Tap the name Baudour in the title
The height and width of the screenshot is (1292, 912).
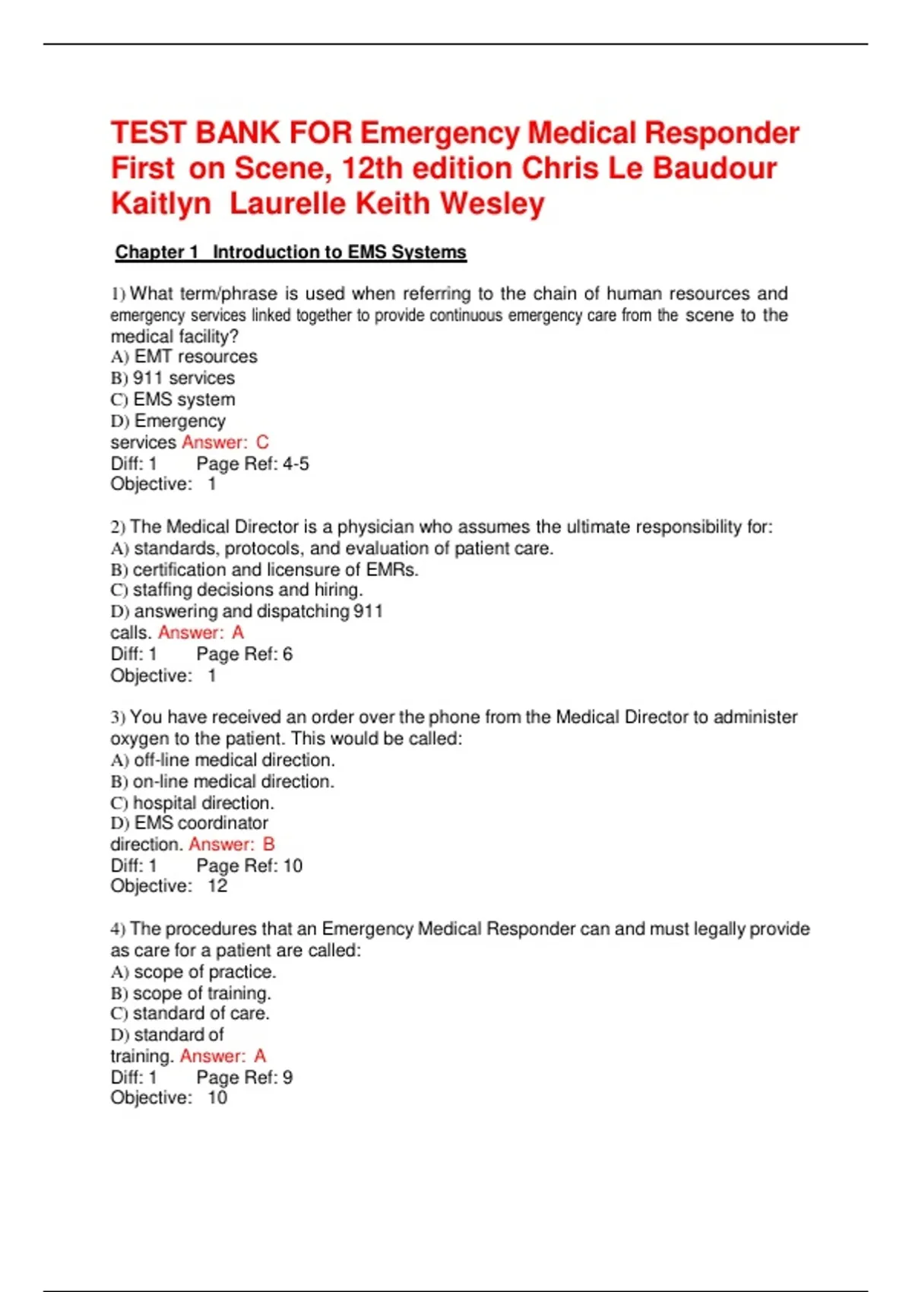tap(714, 168)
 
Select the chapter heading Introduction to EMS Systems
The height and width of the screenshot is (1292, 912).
tap(339, 252)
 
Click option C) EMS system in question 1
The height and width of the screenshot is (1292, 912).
tap(173, 400)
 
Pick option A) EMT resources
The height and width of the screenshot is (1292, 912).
tap(184, 356)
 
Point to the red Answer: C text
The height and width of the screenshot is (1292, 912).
tap(225, 442)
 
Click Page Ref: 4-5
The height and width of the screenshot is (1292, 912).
tap(252, 464)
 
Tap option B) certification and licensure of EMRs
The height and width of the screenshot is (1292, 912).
tap(264, 570)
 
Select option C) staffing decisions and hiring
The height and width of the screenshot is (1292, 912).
tap(236, 590)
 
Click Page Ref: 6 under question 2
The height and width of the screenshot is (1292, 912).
tap(244, 654)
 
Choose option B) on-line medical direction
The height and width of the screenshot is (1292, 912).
tap(222, 781)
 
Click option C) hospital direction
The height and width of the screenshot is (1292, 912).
tap(192, 803)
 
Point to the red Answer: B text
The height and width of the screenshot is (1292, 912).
tap(232, 844)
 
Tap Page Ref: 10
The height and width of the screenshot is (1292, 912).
tap(249, 866)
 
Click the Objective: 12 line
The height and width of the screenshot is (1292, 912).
tap(169, 886)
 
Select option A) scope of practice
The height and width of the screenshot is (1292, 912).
tap(193, 972)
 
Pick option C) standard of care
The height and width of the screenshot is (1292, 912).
tap(190, 1014)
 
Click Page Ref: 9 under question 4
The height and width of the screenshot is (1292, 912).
tap(244, 1078)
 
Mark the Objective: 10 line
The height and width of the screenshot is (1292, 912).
tap(169, 1098)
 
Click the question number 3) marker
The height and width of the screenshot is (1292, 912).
tap(117, 717)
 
